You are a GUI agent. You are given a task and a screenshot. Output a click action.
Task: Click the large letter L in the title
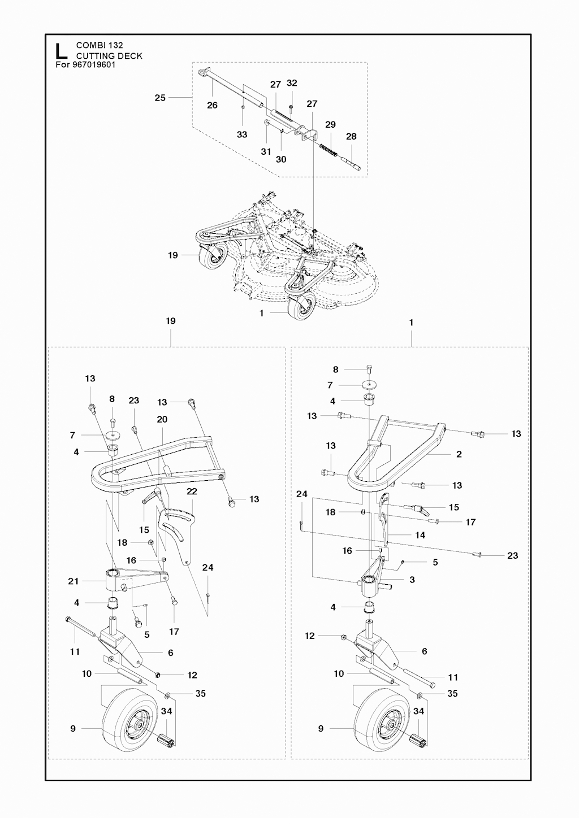61,51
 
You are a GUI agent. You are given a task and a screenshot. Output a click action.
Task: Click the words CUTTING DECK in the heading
109,56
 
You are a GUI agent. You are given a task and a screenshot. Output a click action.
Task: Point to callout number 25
160,98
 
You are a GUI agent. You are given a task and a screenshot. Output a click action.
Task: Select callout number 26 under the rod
212,105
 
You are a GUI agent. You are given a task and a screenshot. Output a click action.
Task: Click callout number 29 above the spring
330,124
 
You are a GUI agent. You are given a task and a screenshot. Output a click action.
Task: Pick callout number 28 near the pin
351,136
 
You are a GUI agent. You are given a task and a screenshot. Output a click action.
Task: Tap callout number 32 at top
292,83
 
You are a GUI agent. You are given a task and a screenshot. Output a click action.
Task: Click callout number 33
242,134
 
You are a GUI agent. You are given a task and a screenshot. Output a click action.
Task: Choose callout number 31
266,151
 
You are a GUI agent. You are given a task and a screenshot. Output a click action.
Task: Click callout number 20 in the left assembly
162,419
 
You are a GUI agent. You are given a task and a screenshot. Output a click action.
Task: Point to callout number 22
192,491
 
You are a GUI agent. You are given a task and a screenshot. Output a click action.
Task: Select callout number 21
74,581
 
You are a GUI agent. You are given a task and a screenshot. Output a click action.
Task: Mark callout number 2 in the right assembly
459,454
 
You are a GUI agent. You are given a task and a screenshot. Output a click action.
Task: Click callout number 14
420,535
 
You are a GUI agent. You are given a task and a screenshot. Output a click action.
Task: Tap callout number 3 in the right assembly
412,580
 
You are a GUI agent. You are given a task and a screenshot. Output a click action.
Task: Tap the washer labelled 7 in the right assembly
370,385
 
